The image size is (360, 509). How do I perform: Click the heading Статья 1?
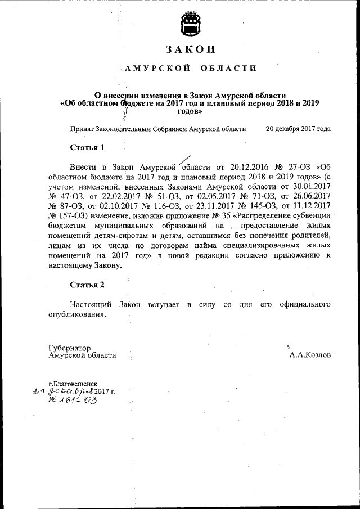pyautogui.click(x=87, y=148)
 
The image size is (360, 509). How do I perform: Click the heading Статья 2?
pyautogui.click(x=87, y=285)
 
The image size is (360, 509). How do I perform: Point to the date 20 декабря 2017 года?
pyautogui.click(x=298, y=129)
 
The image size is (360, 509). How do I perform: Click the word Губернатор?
pyautogui.click(x=70, y=348)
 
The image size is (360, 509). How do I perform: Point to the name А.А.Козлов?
pyautogui.click(x=310, y=355)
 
